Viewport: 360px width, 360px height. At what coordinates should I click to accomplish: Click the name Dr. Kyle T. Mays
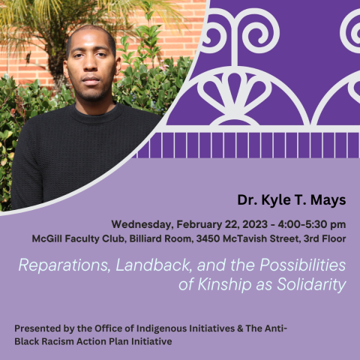pos(292,200)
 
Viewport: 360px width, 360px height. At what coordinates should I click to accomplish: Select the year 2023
pos(255,224)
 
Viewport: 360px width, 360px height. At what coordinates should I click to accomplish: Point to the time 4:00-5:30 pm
pos(312,224)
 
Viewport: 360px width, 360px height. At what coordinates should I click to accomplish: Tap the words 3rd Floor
pos(325,238)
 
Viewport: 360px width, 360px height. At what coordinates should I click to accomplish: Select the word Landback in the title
pos(154,265)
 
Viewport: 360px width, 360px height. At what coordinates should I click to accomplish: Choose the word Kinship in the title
pos(224,284)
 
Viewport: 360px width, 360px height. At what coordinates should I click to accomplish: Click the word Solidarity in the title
pos(311,284)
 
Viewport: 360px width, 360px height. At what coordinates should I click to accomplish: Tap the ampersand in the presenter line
pos(240,328)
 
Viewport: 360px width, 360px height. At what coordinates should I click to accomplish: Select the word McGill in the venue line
pos(47,238)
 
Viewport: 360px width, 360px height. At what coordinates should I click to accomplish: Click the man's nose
pos(91,64)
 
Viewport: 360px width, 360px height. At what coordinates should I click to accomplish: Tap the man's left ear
pos(118,66)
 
